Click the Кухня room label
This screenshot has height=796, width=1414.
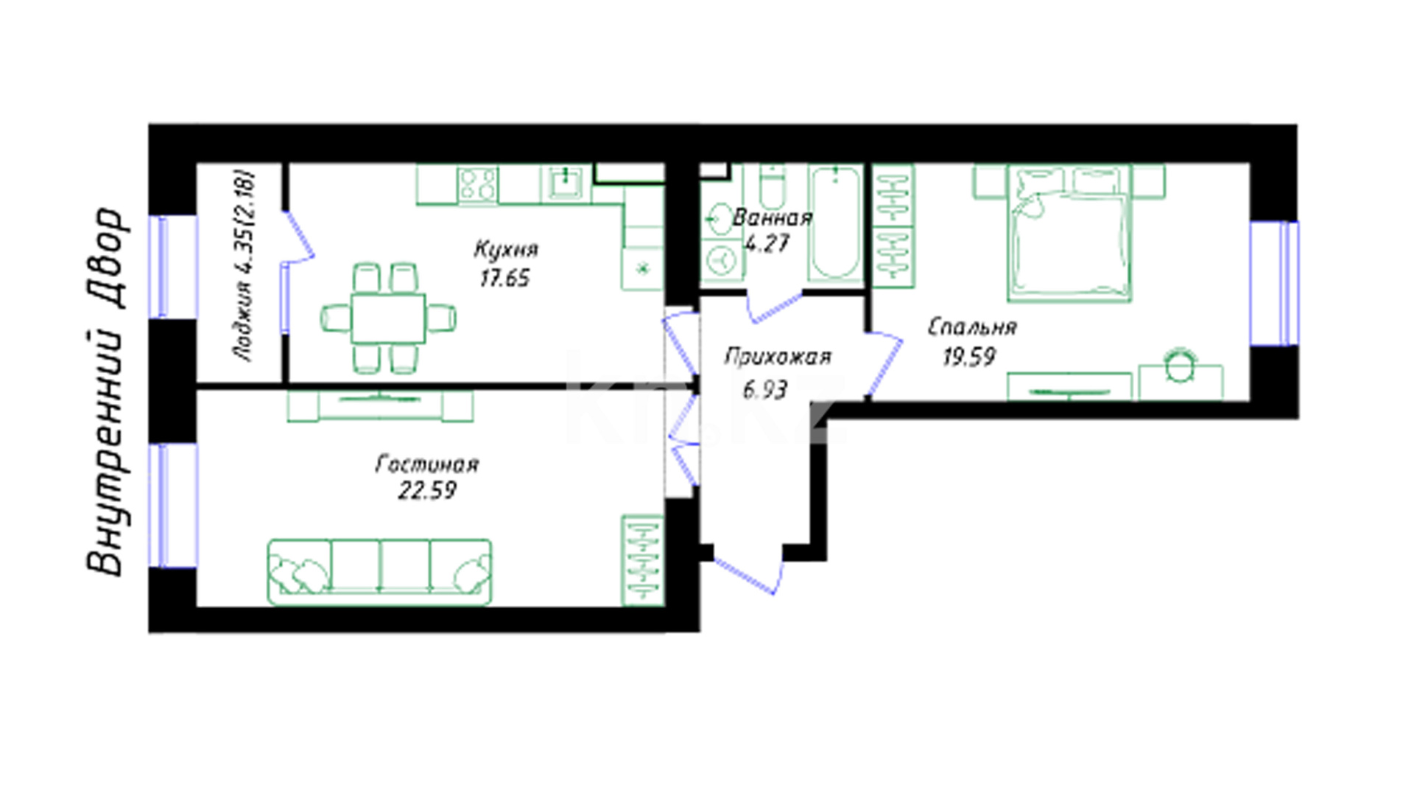click(505, 250)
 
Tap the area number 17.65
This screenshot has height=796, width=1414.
click(504, 279)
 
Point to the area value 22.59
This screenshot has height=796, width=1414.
click(427, 490)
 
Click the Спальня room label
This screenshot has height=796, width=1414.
click(972, 327)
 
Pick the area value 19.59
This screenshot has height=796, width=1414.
click(969, 357)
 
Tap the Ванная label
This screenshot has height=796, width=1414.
click(773, 217)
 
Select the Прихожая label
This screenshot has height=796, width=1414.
click(778, 357)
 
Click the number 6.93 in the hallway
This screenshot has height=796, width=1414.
click(765, 389)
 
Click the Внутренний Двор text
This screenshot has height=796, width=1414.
click(105, 391)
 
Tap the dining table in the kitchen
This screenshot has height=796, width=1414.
click(388, 318)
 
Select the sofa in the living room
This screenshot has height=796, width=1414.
click(379, 572)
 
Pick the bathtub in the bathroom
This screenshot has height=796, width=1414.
click(835, 223)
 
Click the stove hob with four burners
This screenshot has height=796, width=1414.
click(477, 184)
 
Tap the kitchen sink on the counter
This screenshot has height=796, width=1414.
click(566, 184)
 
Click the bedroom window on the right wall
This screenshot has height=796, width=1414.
click(1274, 284)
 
